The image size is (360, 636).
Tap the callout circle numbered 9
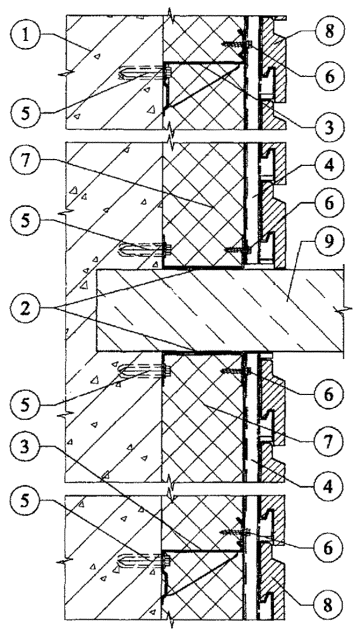(x=329, y=242)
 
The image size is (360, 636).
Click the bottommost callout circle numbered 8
(x=329, y=606)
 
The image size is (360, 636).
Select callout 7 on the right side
(x=329, y=439)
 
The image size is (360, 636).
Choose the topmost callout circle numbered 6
(x=329, y=75)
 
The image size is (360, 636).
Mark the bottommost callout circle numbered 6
(x=329, y=547)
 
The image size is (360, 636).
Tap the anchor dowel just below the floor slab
(x=145, y=370)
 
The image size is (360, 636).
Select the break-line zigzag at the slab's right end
(x=343, y=310)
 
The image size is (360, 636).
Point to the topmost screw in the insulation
(x=236, y=43)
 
